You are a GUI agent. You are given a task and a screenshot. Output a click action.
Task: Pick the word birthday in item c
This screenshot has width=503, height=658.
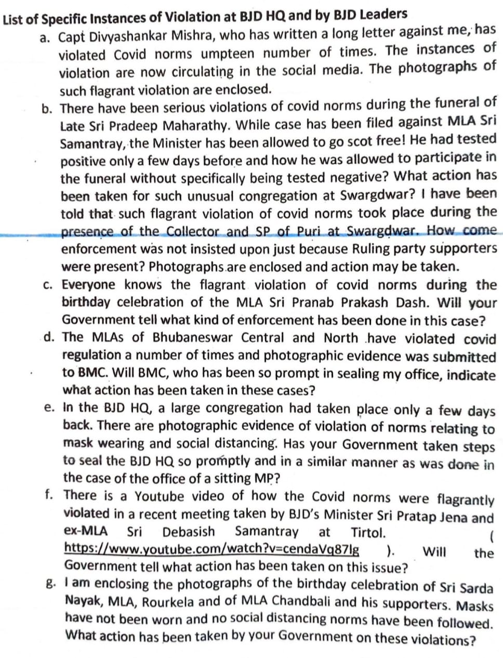click(x=86, y=302)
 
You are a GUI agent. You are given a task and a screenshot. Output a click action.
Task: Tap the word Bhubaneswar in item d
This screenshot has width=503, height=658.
click(x=192, y=337)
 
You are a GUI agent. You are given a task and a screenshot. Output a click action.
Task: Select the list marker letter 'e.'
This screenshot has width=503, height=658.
click(x=50, y=408)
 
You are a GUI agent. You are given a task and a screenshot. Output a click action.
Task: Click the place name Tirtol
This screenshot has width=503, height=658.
click(x=368, y=532)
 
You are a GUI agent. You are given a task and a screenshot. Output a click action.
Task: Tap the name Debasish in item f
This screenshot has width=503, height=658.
click(x=188, y=532)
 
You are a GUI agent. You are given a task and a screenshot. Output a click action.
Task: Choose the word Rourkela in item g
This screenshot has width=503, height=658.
click(x=168, y=602)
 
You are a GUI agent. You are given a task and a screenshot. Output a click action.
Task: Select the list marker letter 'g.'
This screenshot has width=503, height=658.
click(x=51, y=584)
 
